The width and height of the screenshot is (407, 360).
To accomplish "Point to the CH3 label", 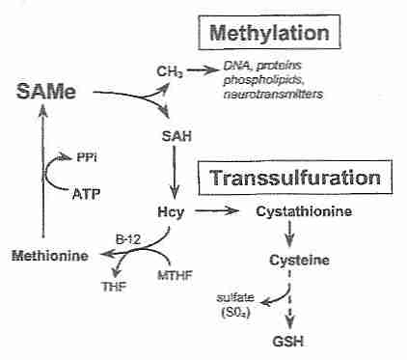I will pos(170,70).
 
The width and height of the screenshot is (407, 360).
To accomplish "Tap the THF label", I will pos(114,287).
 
